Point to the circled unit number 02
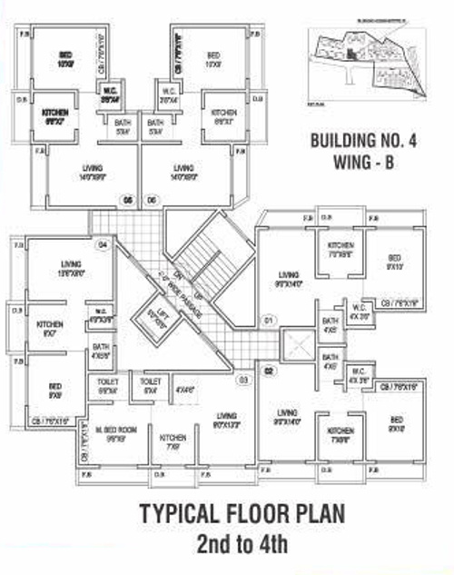coord(269,372)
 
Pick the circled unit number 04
coord(103,244)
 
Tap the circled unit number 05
coord(128,198)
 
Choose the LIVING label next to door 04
coord(70,265)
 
